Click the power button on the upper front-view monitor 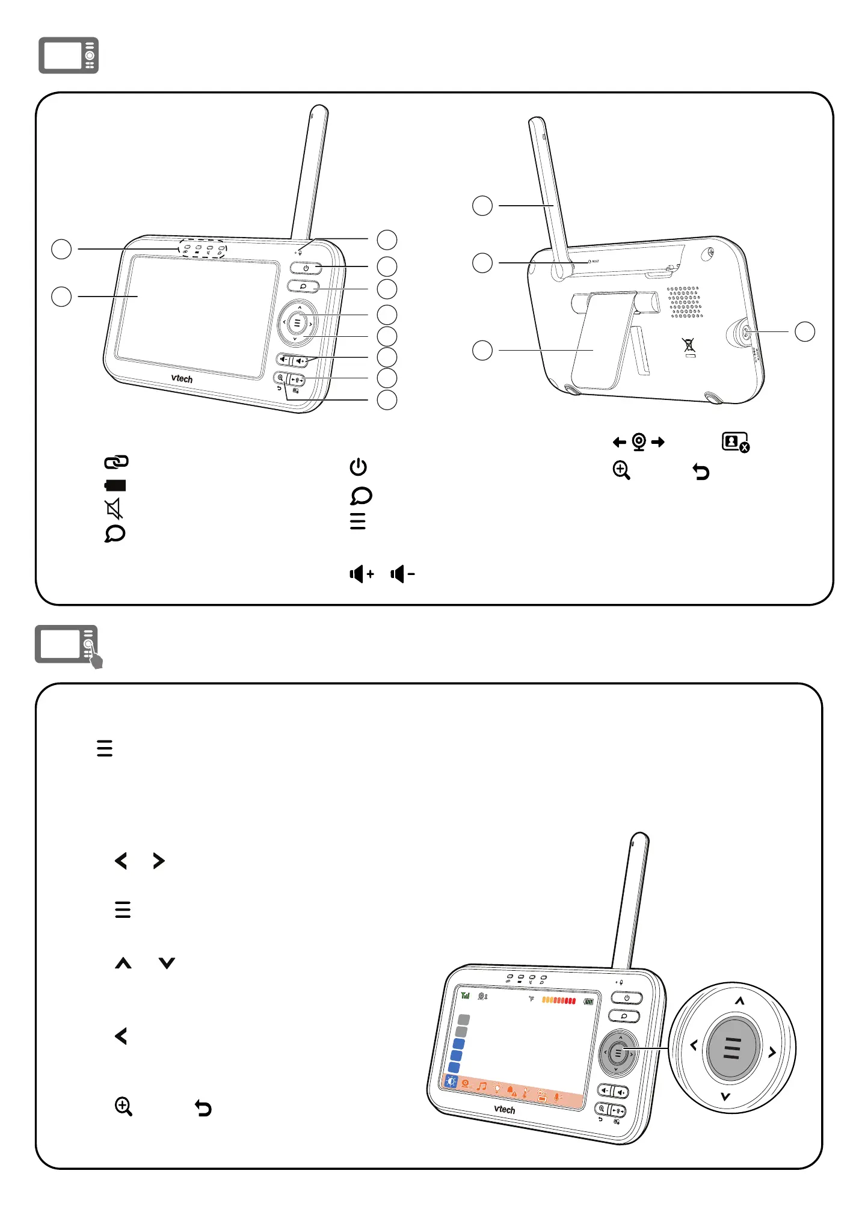(x=306, y=268)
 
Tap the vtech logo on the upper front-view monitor (x=182, y=378)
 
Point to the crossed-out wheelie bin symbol (x=689, y=345)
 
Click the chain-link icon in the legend (x=116, y=462)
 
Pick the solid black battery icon (x=115, y=485)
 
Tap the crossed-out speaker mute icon (x=114, y=509)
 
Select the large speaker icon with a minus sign (x=402, y=574)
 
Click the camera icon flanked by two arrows (x=639, y=442)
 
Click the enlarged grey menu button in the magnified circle (x=732, y=1048)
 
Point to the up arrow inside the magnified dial (x=740, y=1001)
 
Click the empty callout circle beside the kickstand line (x=482, y=350)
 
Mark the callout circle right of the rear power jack (x=805, y=331)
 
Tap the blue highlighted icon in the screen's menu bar (x=451, y=1081)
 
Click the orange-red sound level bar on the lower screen (x=559, y=1000)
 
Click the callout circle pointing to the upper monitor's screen (x=61, y=297)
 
